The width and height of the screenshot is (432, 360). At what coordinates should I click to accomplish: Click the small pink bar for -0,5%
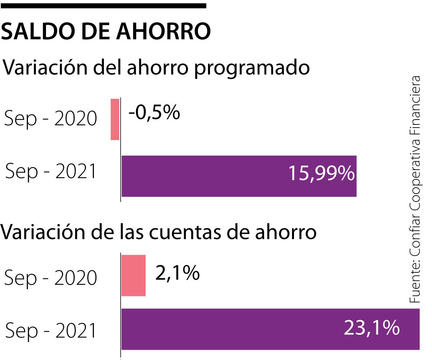[115, 119]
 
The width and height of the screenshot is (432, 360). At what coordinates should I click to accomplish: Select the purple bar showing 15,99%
[238, 176]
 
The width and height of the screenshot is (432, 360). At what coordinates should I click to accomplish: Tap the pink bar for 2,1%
[133, 276]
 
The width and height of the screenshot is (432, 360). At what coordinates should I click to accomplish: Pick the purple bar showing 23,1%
[270, 329]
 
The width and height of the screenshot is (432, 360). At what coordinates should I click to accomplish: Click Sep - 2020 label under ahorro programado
[51, 119]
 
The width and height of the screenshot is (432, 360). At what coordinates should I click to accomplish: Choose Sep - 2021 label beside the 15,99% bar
[51, 172]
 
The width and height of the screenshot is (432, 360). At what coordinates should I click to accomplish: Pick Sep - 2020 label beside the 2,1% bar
[51, 278]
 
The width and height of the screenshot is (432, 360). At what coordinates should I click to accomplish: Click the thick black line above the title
[103, 6]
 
